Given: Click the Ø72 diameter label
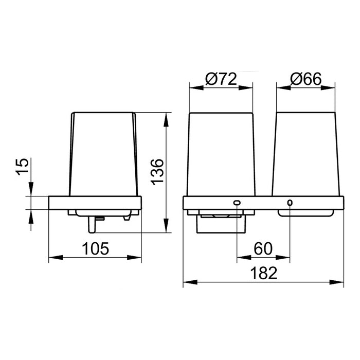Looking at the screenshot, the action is [221, 79].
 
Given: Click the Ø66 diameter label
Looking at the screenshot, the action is [306, 79].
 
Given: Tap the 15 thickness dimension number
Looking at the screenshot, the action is [23, 167].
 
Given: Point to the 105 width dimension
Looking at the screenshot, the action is [96, 248].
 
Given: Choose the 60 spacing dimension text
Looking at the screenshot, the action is [263, 248].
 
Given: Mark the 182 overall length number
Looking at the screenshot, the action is [263, 273].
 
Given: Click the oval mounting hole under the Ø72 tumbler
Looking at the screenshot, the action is [237, 203].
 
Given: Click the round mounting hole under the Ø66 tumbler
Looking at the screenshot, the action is [290, 203].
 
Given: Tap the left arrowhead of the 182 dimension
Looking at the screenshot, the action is [190, 282].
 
